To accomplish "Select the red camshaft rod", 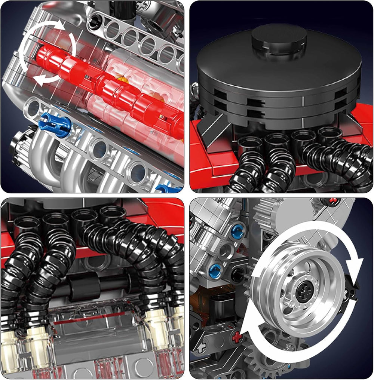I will coord(108,90).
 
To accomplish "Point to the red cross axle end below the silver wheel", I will coord(237,337).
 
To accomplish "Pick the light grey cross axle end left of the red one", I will coord(204,347).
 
